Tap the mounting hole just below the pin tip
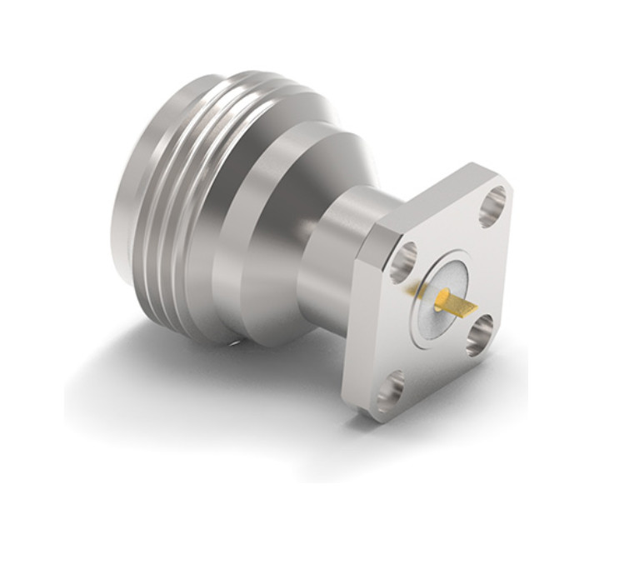pyautogui.click(x=482, y=338)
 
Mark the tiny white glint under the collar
pyautogui.click(x=237, y=341)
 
